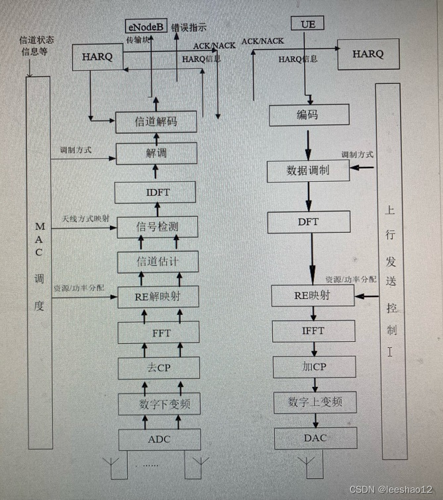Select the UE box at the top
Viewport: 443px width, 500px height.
pos(307,24)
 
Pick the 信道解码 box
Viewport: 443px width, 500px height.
pos(156,122)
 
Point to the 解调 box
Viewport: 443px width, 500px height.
pos(157,153)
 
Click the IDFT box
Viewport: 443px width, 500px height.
pos(156,192)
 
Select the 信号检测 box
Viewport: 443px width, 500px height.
pos(157,227)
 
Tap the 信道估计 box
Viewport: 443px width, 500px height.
pos(157,262)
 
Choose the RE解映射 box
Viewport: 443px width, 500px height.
pos(157,296)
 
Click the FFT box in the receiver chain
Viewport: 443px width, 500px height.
pos(158,332)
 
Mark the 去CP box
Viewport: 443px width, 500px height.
pos(158,368)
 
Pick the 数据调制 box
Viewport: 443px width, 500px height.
pos(308,171)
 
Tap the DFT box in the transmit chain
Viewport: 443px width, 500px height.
pos(309,222)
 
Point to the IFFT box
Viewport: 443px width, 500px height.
pos(313,330)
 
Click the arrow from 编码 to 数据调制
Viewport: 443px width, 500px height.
pos(308,143)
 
